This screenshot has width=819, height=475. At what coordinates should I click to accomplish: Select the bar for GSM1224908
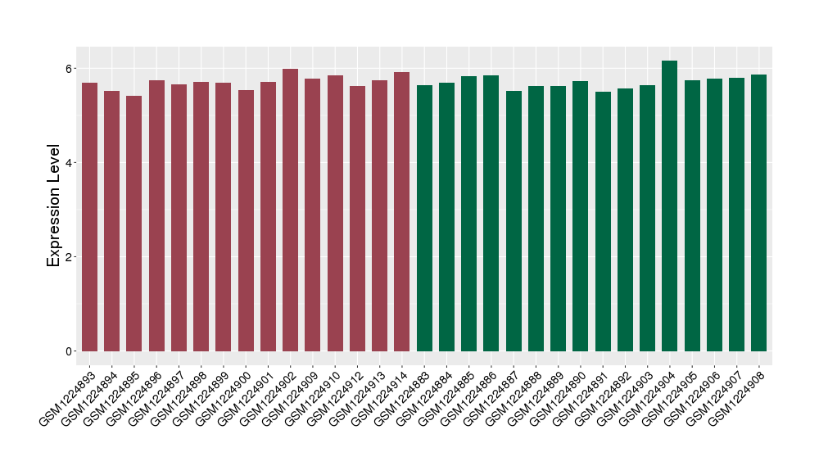759,213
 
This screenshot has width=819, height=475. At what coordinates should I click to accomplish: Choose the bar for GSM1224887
514,221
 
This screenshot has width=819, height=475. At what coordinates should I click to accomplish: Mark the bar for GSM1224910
335,213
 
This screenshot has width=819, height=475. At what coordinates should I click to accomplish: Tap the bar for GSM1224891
603,221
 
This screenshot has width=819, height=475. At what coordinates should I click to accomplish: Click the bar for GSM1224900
246,220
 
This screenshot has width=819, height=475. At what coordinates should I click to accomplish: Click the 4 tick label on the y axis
70,162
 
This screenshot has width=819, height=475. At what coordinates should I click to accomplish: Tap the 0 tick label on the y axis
70,351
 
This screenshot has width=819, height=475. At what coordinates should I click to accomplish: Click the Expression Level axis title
54,206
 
